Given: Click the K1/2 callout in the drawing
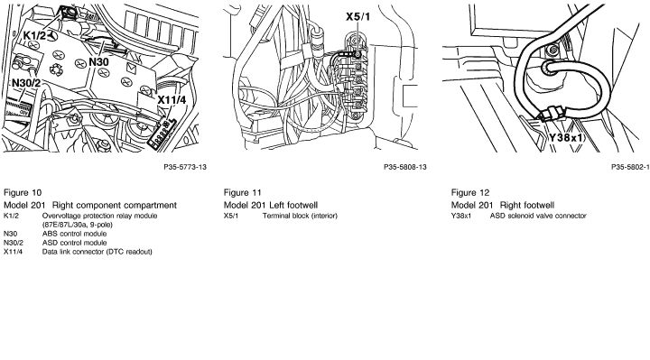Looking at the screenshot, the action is click(34, 35).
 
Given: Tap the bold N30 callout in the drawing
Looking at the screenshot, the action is click(98, 62).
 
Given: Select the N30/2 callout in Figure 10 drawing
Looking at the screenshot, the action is click(26, 83).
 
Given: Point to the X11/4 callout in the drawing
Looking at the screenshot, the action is click(172, 100).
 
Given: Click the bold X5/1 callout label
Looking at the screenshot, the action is click(358, 16).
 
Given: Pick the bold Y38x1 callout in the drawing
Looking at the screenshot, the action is click(566, 137).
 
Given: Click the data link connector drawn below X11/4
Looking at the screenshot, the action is click(162, 133).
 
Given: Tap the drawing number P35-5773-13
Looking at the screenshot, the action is click(185, 167).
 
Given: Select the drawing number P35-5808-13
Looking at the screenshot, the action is click(405, 167).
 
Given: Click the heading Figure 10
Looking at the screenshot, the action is click(23, 193).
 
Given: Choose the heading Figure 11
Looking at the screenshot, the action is click(243, 193).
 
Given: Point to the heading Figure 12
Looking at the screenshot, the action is click(470, 193).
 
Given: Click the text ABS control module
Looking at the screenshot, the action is click(74, 234).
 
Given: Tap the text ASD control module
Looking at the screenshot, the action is click(74, 243).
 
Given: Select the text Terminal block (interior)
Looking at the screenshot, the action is click(300, 216).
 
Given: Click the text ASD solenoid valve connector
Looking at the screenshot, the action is click(538, 216).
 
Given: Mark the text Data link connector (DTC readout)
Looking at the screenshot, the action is click(97, 252).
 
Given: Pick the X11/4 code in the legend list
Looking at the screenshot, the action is click(13, 252).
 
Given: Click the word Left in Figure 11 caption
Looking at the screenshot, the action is click(277, 205).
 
